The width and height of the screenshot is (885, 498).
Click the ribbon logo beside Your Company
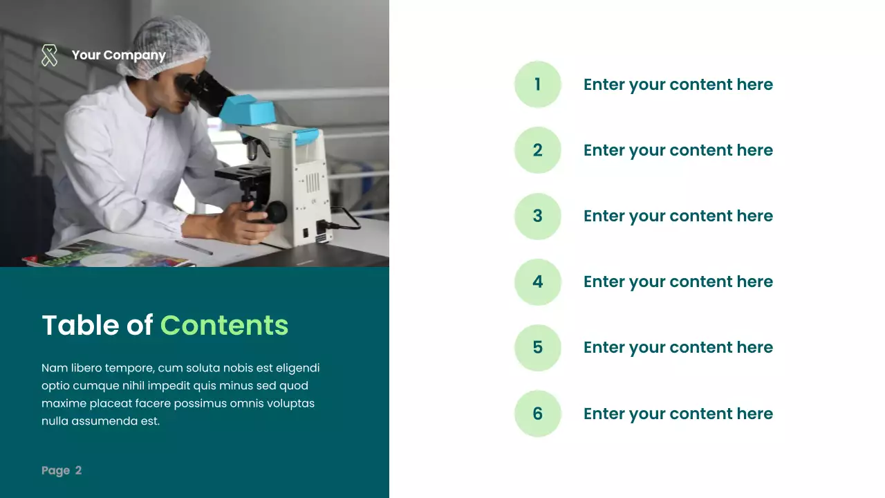tap(49, 55)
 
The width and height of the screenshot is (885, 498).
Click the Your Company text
tap(118, 55)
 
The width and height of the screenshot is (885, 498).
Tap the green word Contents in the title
tap(224, 325)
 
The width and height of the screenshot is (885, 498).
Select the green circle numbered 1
tap(537, 84)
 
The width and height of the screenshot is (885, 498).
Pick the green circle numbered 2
tap(537, 150)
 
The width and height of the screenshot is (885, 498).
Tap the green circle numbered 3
tap(537, 216)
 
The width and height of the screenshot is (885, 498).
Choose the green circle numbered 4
tap(537, 282)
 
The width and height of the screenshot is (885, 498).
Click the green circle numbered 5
tap(537, 347)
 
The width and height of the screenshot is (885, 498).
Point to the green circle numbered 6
tap(537, 414)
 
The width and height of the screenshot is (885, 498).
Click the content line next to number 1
tap(678, 84)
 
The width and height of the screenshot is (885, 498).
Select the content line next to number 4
tap(678, 282)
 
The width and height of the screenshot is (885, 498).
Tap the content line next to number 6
tap(678, 414)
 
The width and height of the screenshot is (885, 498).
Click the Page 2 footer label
tap(62, 470)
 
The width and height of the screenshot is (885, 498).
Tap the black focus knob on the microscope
tap(277, 212)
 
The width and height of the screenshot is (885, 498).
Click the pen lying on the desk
tap(194, 248)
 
